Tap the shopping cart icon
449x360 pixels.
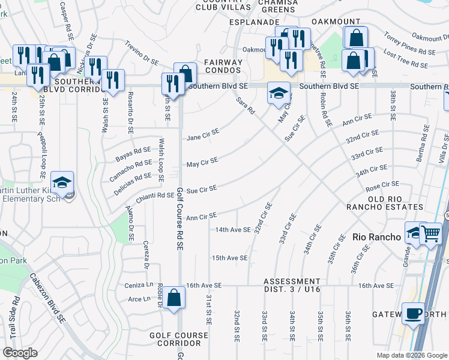[430, 233]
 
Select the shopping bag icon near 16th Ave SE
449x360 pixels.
[173, 298]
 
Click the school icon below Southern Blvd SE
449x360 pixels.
[278, 93]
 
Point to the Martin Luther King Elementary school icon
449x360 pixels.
[62, 182]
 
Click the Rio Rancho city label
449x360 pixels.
[376, 237]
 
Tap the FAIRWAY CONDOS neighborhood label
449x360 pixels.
[223, 66]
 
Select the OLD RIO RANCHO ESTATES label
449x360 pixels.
[393, 203]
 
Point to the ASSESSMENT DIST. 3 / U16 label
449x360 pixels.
[292, 285]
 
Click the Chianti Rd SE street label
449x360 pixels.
[158, 195]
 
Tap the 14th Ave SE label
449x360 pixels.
[233, 229]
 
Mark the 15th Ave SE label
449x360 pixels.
[229, 258]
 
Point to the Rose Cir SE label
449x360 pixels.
[382, 187]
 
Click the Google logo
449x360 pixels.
[20, 353]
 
